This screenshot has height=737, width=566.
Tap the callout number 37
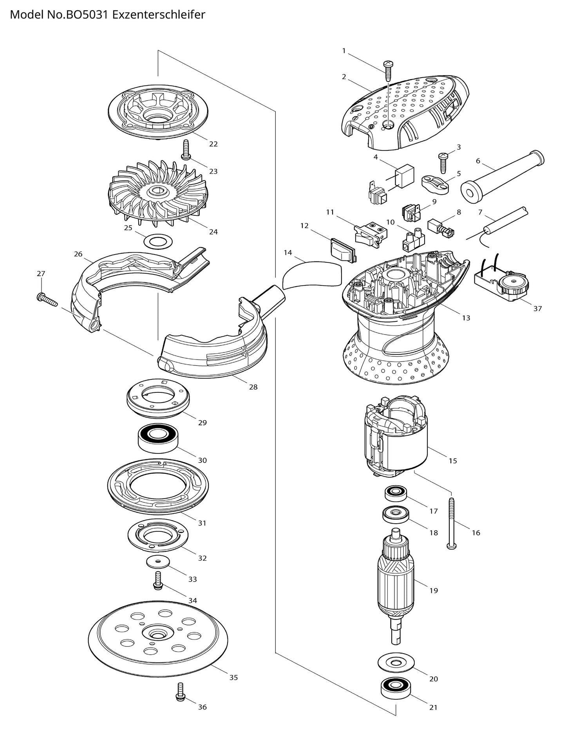point(537,309)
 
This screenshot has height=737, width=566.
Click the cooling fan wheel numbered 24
point(158,195)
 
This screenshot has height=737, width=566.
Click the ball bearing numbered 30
point(158,439)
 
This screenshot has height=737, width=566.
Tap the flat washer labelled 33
point(158,562)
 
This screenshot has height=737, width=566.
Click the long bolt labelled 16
point(452,523)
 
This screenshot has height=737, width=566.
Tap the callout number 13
point(466,318)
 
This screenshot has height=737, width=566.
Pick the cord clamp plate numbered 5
point(435,184)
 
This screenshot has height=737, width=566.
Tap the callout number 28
point(253,387)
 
